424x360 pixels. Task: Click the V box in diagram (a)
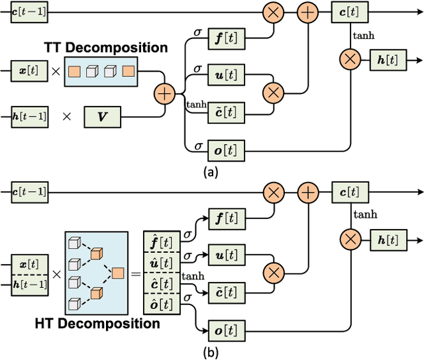pyautogui.click(x=102, y=116)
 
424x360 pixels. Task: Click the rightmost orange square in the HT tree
pyautogui.click(x=117, y=273)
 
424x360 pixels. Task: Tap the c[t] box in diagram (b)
pyautogui.click(x=348, y=193)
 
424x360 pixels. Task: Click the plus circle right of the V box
pyautogui.click(x=163, y=93)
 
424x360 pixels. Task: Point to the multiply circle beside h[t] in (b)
pyautogui.click(x=348, y=239)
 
